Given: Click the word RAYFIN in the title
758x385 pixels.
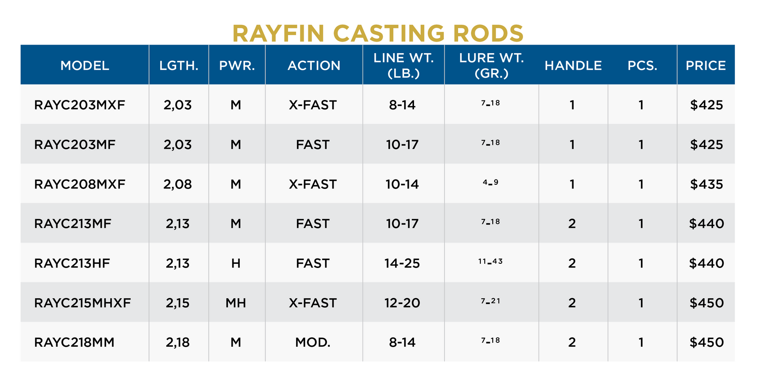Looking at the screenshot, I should tap(278, 34).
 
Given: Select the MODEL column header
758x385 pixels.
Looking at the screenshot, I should tap(85, 65).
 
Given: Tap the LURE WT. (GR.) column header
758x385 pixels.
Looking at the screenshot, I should tap(491, 65).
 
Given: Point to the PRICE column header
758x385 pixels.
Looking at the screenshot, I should tap(705, 65).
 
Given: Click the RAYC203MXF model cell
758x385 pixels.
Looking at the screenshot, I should tap(80, 105).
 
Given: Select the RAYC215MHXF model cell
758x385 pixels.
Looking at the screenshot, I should tap(82, 303).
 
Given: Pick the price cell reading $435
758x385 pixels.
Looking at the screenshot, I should tap(706, 184).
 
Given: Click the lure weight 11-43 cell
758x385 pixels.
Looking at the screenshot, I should tap(490, 261).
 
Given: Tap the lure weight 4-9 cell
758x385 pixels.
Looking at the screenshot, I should tap(490, 183).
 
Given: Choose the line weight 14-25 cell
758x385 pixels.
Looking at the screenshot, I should tap(402, 263).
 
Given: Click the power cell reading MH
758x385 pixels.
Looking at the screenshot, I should tap(236, 303).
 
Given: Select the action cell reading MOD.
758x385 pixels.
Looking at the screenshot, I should tap(313, 342).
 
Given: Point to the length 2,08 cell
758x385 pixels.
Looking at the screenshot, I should tap(178, 184).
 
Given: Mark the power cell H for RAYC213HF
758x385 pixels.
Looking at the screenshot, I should tap(236, 263).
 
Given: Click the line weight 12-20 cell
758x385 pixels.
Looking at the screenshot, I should tap(402, 303).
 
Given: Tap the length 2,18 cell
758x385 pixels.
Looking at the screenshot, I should tap(178, 342).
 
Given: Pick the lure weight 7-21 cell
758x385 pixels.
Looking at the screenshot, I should tap(490, 301).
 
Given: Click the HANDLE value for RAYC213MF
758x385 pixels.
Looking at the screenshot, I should tap(572, 224).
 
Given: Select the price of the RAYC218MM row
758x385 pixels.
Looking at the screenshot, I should tap(706, 342).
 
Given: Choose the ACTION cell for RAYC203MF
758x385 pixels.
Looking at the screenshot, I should tap(313, 144).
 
